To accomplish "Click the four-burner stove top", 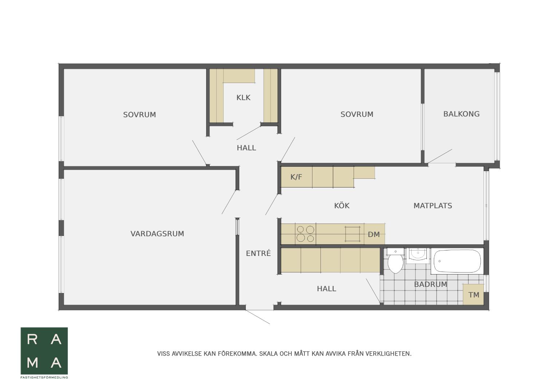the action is point(306,234).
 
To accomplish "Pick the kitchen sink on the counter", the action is point(353,234).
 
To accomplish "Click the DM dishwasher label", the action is point(374,234).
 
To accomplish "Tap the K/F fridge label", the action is point(296,177).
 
